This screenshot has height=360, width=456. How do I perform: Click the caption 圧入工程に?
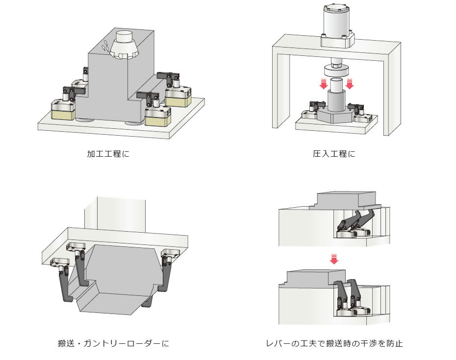click(x=333, y=154)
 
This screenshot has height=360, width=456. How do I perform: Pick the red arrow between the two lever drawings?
click(x=334, y=258)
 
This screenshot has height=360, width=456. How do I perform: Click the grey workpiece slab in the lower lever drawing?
click(x=306, y=279)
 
